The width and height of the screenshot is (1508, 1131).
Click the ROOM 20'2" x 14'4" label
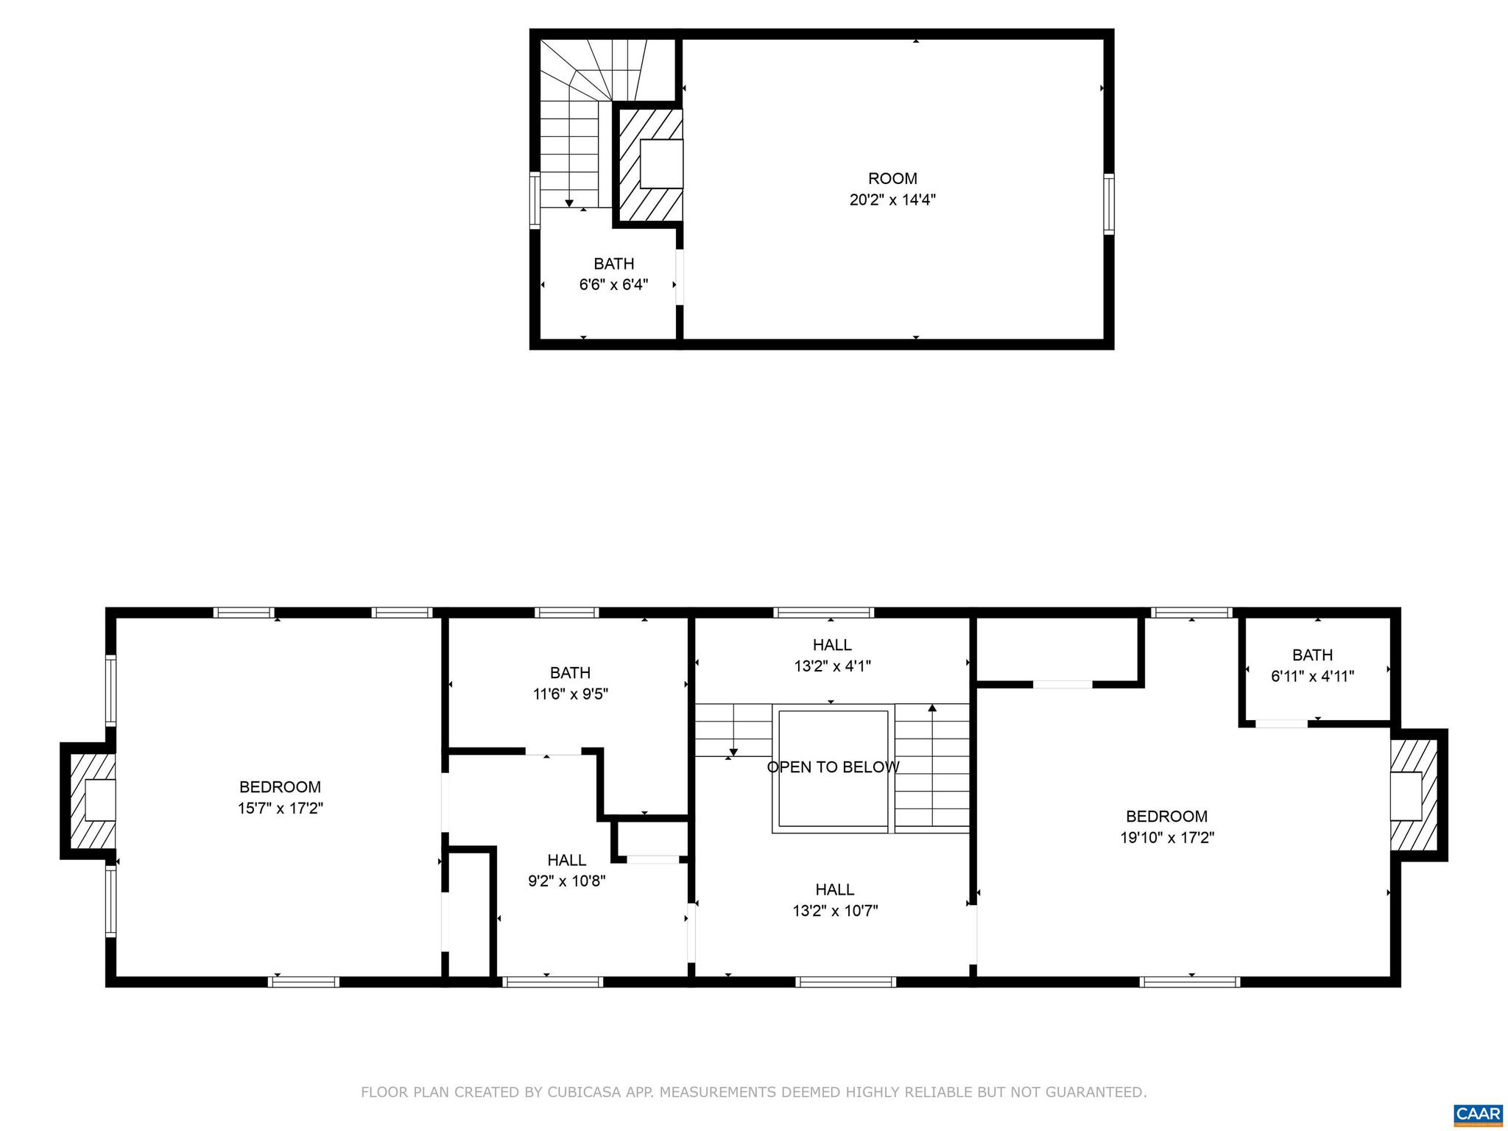(892, 189)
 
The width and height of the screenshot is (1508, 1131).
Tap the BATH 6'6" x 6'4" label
(613, 274)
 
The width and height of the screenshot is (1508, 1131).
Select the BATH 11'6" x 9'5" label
(570, 683)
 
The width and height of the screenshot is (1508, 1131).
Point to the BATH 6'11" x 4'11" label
(1312, 665)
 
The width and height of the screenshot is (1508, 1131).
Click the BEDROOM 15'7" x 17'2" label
(280, 797)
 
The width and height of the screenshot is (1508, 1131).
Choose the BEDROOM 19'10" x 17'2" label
(1166, 826)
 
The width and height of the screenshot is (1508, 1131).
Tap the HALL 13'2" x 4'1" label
(832, 655)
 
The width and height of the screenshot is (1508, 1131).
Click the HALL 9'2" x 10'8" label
(566, 870)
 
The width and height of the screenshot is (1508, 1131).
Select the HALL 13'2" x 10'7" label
(834, 900)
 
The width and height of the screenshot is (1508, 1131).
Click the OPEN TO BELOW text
(833, 767)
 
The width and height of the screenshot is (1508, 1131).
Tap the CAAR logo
(1479, 1113)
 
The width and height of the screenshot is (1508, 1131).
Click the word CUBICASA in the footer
(585, 1092)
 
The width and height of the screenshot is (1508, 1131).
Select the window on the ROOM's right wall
(1107, 204)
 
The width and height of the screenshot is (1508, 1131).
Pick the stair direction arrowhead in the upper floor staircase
(569, 203)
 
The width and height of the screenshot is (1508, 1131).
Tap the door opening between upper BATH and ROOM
(680, 277)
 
